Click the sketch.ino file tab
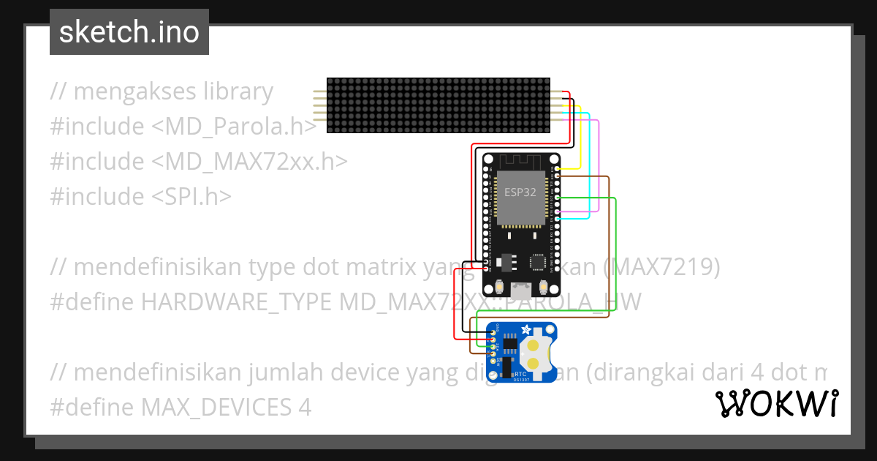point(129,32)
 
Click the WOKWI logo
point(777,404)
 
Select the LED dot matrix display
point(438,105)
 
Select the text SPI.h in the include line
point(192,196)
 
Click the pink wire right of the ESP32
point(599,168)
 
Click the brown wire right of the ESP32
point(609,241)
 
